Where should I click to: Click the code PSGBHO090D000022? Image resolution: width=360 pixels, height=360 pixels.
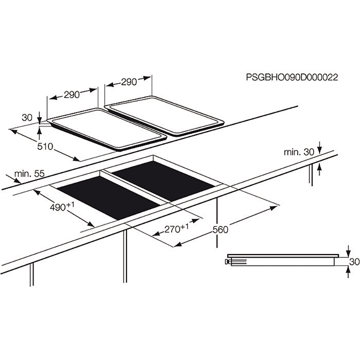[x=292, y=77]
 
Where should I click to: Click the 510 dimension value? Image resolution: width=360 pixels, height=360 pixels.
[x=45, y=146]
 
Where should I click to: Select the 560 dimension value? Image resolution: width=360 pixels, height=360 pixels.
[x=221, y=229]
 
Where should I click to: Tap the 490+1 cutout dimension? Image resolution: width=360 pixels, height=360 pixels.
[x=62, y=207]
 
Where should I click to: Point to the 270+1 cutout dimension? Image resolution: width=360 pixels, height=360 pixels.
[x=176, y=228]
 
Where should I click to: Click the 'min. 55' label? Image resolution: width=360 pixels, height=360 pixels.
[x=29, y=174]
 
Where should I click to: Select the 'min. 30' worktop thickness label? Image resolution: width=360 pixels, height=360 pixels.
[x=299, y=152]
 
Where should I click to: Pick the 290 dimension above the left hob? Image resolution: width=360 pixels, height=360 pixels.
[x=71, y=95]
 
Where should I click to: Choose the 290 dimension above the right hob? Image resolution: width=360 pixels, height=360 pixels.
[x=129, y=82]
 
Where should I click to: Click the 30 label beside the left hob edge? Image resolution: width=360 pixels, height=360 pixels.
[x=27, y=118]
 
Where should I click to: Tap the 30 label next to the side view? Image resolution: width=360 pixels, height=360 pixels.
[x=354, y=262]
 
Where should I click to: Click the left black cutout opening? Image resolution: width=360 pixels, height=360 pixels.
[x=109, y=198]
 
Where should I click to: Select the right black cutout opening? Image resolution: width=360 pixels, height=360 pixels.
[x=164, y=181]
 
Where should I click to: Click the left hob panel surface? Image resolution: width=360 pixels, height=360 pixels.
[x=107, y=129]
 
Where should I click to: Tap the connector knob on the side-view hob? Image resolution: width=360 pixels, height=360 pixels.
[x=228, y=262]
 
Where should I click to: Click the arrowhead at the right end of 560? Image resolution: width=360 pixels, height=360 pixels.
[x=274, y=208]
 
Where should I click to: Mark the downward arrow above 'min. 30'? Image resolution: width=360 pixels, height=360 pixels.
[x=319, y=148]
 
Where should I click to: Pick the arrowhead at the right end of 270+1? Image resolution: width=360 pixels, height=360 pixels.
[x=195, y=221]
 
